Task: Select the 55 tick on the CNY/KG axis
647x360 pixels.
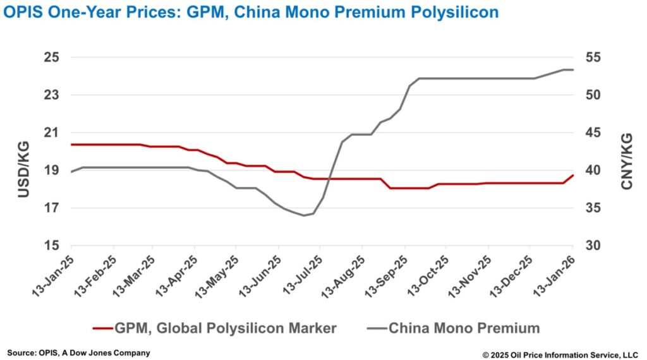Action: pos(593,57)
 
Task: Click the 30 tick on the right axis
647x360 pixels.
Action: pos(593,246)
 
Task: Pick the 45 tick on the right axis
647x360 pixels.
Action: pos(593,133)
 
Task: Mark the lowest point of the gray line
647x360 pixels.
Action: pos(304,215)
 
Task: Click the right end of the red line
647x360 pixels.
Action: pos(572,175)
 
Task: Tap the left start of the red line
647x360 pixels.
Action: pos(71,145)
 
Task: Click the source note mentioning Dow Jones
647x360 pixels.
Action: pos(78,352)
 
